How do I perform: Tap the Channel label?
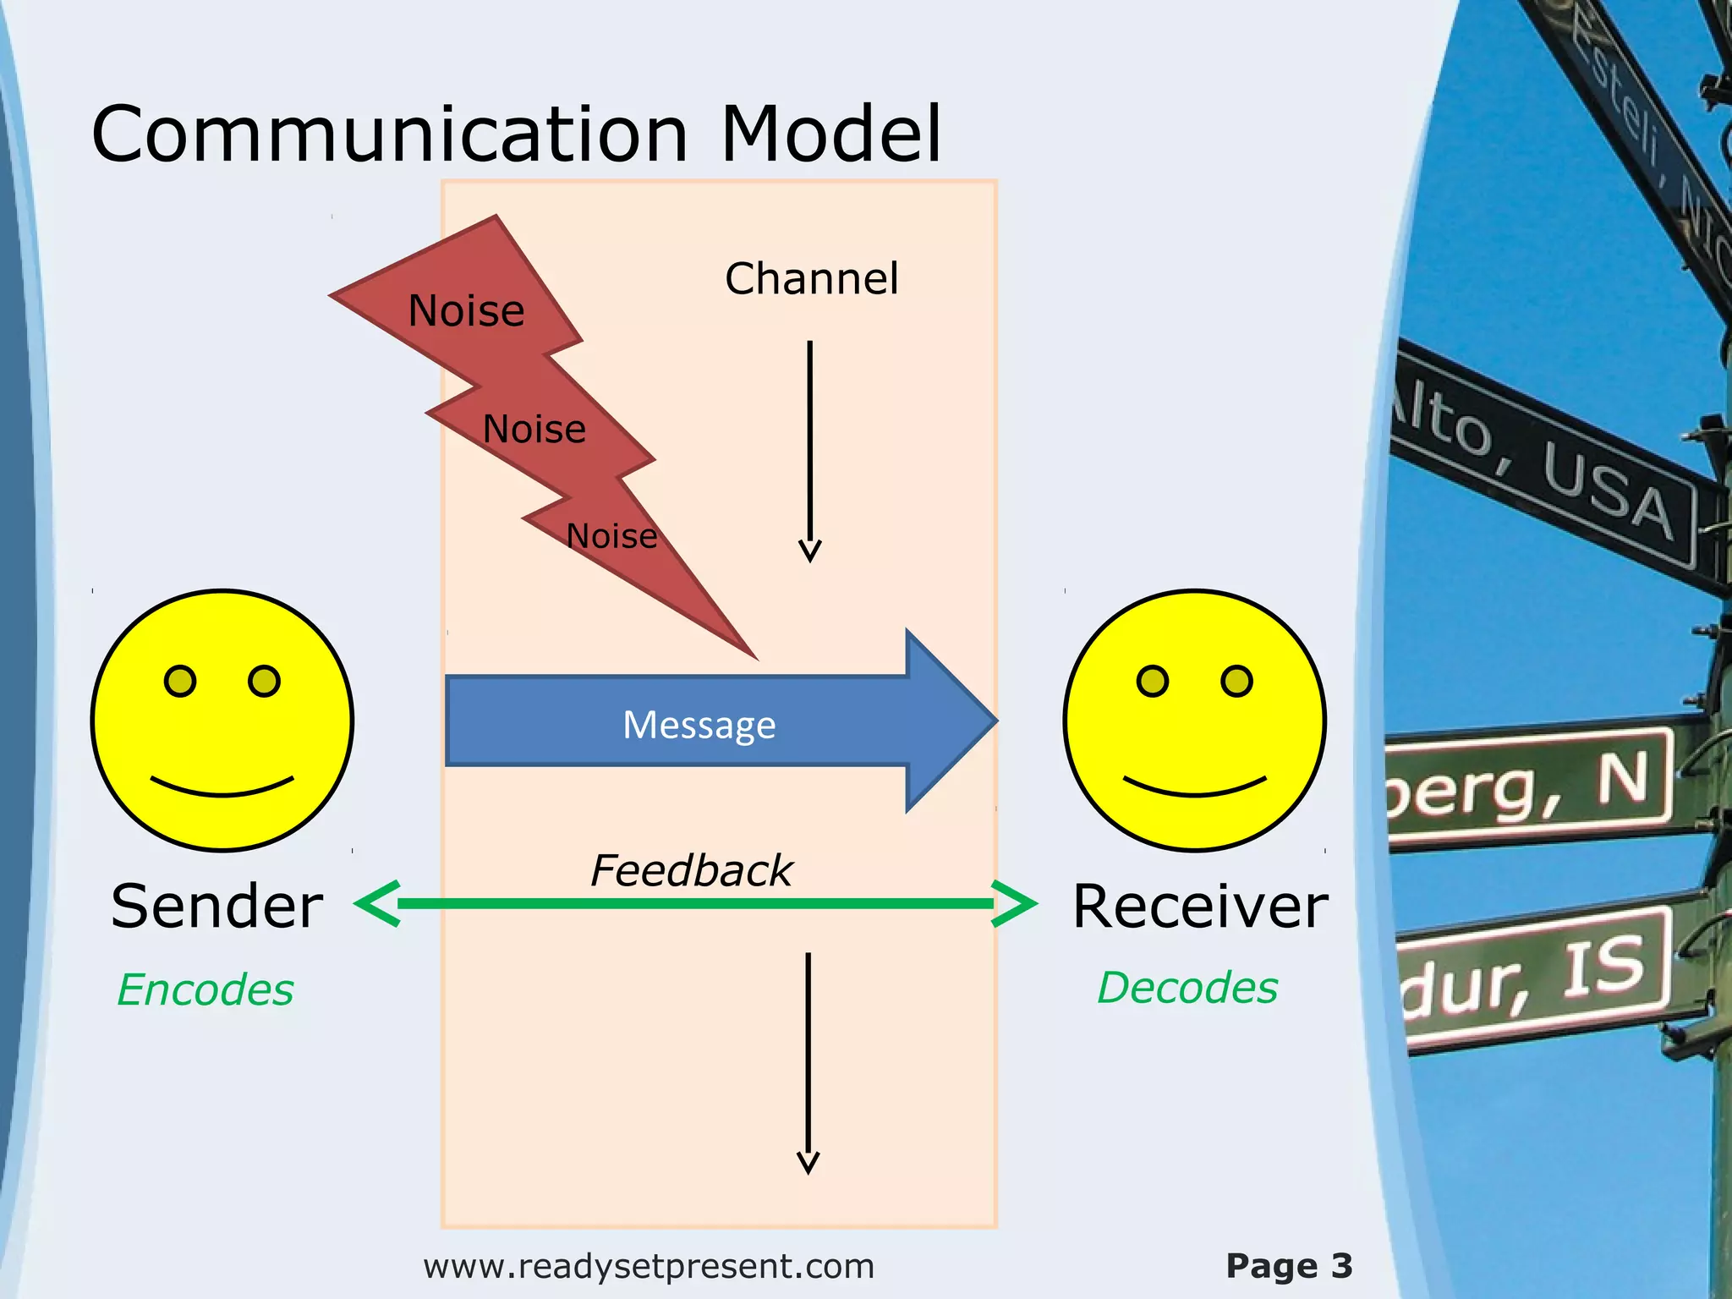pyautogui.click(x=811, y=279)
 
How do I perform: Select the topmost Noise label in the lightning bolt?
pyautogui.click(x=466, y=310)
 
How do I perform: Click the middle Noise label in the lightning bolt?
pyautogui.click(x=534, y=429)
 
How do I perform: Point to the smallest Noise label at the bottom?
pyautogui.click(x=611, y=536)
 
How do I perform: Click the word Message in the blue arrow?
pyautogui.click(x=699, y=725)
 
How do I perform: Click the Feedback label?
pyautogui.click(x=691, y=870)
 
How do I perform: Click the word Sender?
pyautogui.click(x=216, y=907)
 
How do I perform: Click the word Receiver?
pyautogui.click(x=1200, y=907)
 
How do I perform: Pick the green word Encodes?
pyautogui.click(x=206, y=989)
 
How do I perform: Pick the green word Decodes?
pyautogui.click(x=1187, y=987)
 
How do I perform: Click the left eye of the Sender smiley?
pyautogui.click(x=180, y=681)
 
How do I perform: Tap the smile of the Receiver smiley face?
pyautogui.click(x=1194, y=788)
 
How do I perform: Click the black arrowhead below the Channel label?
pyautogui.click(x=809, y=551)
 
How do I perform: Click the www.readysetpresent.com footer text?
pyautogui.click(x=649, y=1266)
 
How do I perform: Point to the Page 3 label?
pyautogui.click(x=1289, y=1266)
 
